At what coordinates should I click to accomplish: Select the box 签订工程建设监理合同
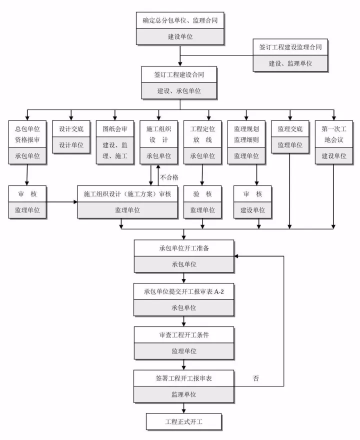point(290,47)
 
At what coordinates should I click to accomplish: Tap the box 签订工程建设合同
point(179,75)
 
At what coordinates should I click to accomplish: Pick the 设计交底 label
point(71,128)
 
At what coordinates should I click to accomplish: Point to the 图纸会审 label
point(115,128)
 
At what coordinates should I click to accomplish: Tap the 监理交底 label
point(290,128)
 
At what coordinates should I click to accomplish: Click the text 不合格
point(169,177)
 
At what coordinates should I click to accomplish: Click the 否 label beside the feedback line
point(256,378)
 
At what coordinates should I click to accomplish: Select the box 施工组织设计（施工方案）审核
point(128,194)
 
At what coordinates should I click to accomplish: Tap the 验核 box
point(202,194)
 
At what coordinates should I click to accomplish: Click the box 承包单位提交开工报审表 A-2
point(184,291)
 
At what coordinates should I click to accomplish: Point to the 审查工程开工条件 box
point(184,334)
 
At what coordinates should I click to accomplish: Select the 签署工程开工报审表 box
point(184,378)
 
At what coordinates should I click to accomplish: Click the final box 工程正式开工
point(184,421)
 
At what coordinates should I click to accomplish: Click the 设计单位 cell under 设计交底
point(71,145)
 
